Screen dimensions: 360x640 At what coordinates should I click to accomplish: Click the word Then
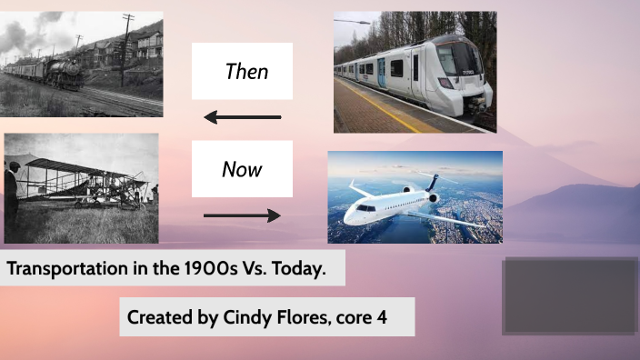coord(246,71)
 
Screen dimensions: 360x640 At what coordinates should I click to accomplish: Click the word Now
coord(242,169)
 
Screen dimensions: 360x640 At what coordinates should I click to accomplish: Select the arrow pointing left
coord(243,117)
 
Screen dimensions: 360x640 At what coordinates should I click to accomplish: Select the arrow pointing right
coord(243,215)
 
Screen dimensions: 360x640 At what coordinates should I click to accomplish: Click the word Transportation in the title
coord(65,270)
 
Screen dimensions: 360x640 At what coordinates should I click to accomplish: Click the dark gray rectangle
coord(570,295)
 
